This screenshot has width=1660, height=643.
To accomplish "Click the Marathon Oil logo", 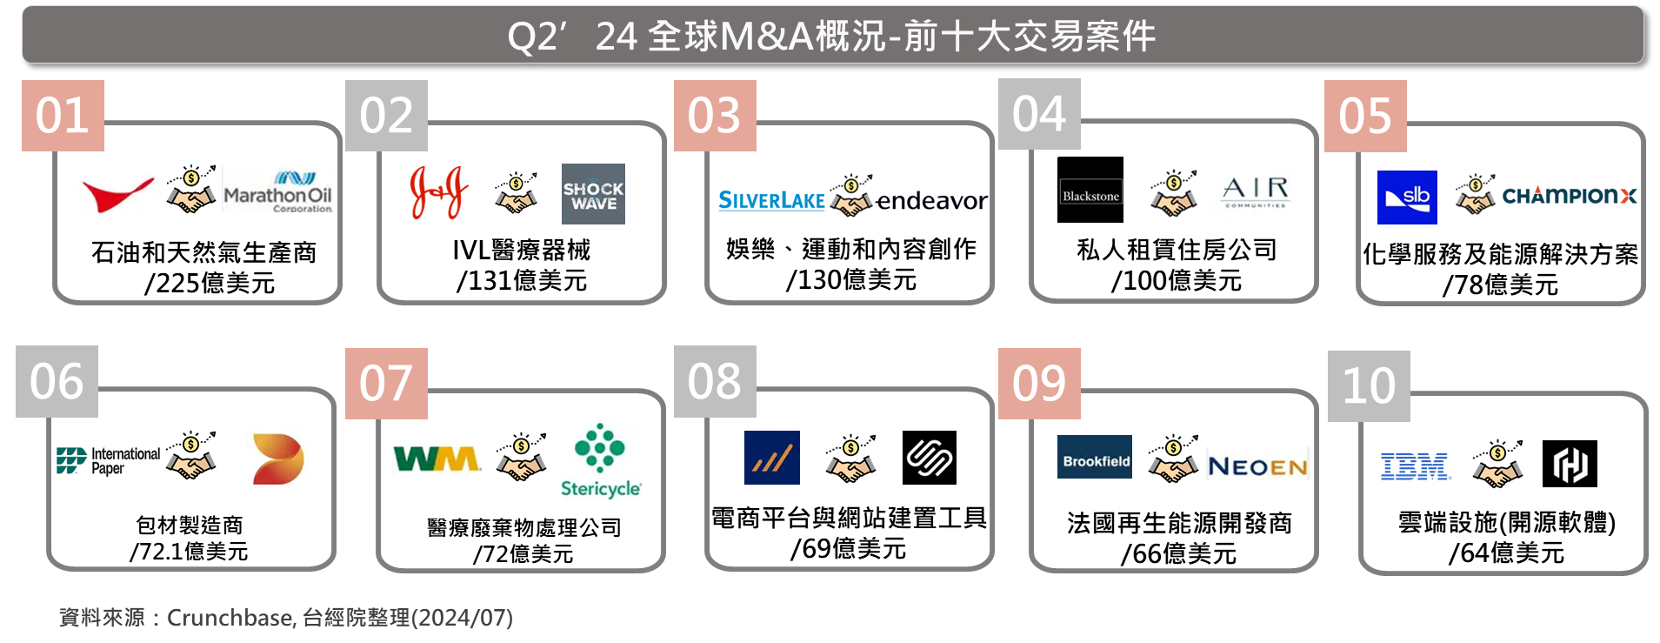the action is [277, 191].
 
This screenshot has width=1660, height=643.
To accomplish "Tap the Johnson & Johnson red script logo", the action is [439, 192].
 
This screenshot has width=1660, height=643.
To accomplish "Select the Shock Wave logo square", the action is [593, 194].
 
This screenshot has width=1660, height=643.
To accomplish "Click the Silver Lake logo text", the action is [771, 201].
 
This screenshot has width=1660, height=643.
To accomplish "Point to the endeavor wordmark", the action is [931, 201].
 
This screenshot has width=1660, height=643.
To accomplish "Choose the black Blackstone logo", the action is [1090, 190].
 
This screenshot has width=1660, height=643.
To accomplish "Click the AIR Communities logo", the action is [1256, 192].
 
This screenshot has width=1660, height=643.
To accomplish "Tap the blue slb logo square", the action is [1407, 198].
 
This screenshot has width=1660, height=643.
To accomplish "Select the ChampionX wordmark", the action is [1570, 196].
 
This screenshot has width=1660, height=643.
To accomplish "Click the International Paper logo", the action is [109, 460].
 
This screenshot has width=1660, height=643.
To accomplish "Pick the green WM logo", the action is [437, 459].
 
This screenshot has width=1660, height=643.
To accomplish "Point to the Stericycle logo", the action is [600, 461].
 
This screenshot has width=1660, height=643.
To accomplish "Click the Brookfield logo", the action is [1095, 457].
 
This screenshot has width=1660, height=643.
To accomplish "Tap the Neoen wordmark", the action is [1257, 467].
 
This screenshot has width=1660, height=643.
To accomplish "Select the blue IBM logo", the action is [1415, 466].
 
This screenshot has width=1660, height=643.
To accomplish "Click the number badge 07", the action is [386, 384].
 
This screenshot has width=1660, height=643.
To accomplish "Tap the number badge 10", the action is [1369, 386].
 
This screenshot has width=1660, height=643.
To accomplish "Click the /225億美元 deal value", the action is [210, 283].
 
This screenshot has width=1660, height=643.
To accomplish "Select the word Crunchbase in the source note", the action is [230, 618].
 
